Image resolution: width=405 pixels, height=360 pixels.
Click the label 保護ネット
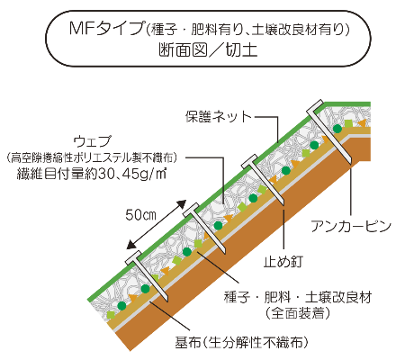pyautogui.click(x=218, y=117)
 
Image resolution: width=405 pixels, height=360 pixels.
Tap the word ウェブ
pyautogui.click(x=93, y=141)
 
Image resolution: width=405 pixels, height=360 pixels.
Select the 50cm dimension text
pyautogui.click(x=140, y=215)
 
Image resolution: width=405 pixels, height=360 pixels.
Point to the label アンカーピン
pyautogui.click(x=351, y=226)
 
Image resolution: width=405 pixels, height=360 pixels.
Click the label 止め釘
pyautogui.click(x=283, y=262)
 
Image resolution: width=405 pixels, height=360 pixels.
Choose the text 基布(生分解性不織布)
pyautogui.click(x=241, y=342)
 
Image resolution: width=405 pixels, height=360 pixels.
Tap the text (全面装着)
pyautogui.click(x=297, y=313)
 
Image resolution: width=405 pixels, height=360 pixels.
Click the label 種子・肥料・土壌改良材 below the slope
pyautogui.click(x=298, y=297)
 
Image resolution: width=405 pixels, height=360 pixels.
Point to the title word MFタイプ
pyautogui.click(x=107, y=29)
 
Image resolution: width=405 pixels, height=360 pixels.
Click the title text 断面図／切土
pyautogui.click(x=208, y=49)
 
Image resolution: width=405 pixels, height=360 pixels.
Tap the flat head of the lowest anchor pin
pyautogui.click(x=133, y=257)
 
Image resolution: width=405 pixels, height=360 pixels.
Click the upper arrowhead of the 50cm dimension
pyautogui.click(x=182, y=204)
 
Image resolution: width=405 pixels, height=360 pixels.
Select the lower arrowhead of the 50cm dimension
pyautogui.click(x=131, y=244)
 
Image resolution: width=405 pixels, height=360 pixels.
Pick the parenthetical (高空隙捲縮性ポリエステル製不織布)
pyautogui.click(x=92, y=157)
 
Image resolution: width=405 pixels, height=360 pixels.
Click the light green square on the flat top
pyautogui.click(x=348, y=123)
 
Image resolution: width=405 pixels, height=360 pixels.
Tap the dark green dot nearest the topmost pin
pyautogui.click(x=337, y=129)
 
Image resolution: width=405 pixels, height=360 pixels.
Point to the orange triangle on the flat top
pyautogui.click(x=362, y=123)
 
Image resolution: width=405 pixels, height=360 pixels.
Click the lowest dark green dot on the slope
pyautogui.click(x=121, y=306)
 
